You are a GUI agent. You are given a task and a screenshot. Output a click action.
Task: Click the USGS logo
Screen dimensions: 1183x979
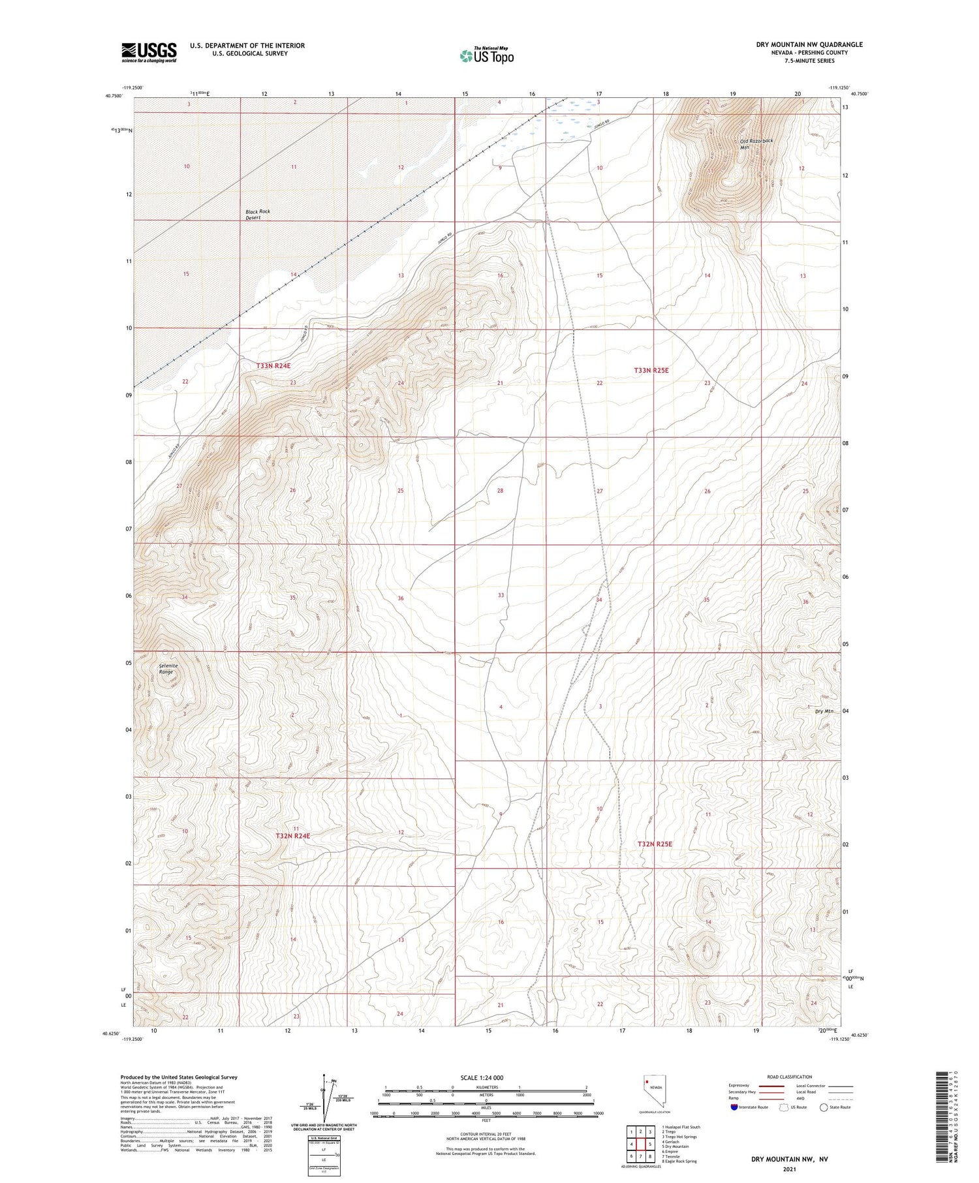(149, 52)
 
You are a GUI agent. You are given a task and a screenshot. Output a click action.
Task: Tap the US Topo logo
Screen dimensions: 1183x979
(486, 56)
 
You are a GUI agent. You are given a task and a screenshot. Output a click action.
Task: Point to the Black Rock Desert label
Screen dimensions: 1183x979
(257, 215)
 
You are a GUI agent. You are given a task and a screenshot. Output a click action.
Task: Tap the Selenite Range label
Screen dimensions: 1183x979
(168, 668)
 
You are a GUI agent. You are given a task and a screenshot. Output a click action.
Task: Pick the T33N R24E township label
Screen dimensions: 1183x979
(273, 366)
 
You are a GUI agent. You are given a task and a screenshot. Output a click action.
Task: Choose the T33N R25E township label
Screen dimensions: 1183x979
(651, 370)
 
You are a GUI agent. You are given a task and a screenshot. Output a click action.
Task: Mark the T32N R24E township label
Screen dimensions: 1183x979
(292, 835)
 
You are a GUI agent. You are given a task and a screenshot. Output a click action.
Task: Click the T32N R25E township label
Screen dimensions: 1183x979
(655, 844)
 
